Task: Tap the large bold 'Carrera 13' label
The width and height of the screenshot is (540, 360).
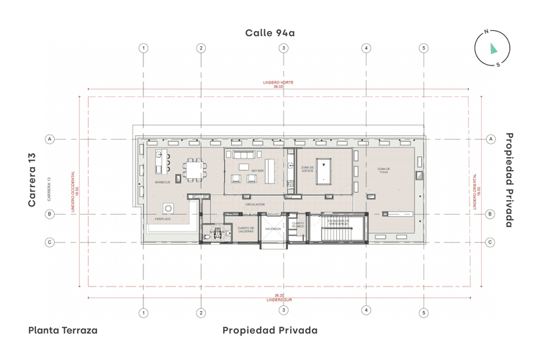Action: point(32,181)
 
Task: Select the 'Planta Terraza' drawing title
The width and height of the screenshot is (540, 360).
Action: point(63,330)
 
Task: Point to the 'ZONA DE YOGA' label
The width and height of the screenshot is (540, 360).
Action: point(383,171)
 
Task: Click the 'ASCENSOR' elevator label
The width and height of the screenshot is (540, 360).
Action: point(273,228)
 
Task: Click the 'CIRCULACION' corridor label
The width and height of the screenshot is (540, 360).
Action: point(254,204)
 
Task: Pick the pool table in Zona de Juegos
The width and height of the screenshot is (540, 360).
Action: point(325,168)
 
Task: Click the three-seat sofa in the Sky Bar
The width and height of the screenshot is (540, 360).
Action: point(243,155)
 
